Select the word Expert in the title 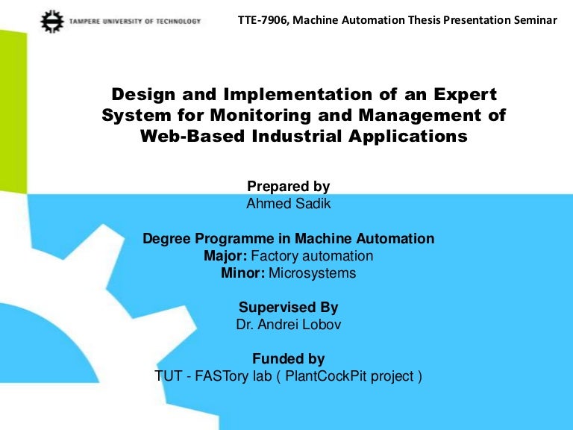point(463,95)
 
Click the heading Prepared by point(288,187)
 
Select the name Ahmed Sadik point(288,203)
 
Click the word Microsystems point(313,273)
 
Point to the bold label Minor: point(242,273)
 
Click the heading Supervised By point(288,308)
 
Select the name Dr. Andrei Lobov point(288,325)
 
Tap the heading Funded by point(288,359)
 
